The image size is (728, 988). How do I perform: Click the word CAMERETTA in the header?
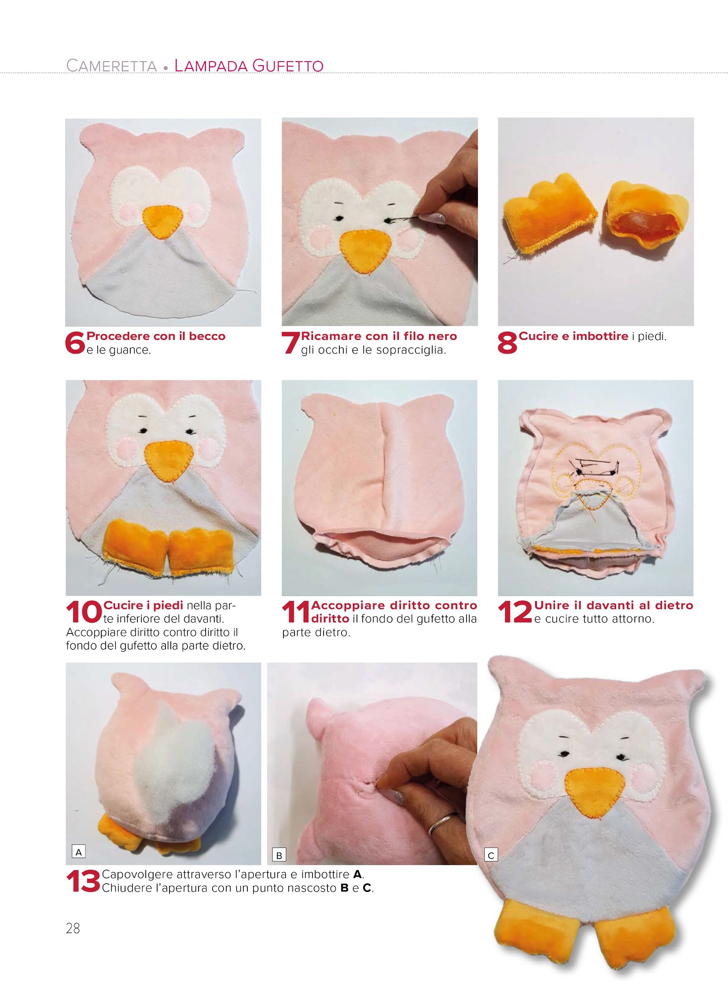(111, 66)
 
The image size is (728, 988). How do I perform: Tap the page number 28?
(73, 929)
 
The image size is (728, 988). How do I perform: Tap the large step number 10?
(84, 612)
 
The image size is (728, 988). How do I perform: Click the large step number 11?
(296, 612)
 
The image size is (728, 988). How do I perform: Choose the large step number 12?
(515, 612)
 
